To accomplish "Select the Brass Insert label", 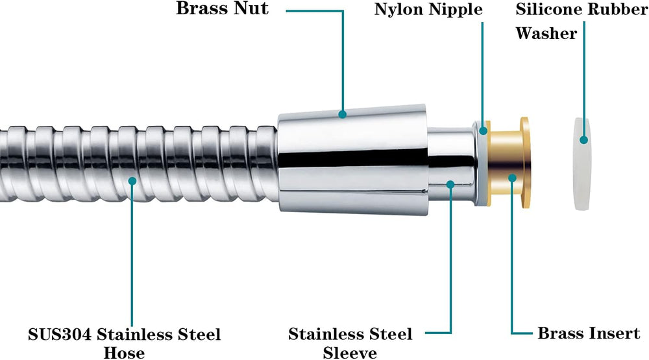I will pyautogui.click(x=589, y=333).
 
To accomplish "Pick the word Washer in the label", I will pyautogui.click(x=546, y=33).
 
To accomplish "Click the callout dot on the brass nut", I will pyautogui.click(x=343, y=115).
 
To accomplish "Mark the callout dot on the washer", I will pyautogui.click(x=583, y=139).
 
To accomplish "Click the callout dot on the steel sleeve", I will pyautogui.click(x=450, y=185).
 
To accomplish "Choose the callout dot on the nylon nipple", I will pyautogui.click(x=482, y=130).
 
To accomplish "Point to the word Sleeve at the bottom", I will pyautogui.click(x=350, y=352).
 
